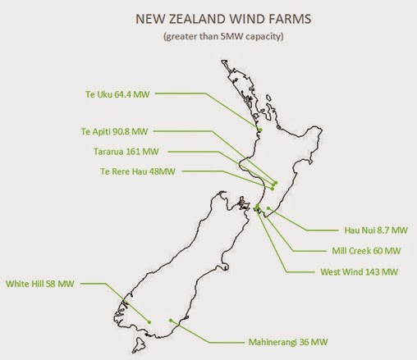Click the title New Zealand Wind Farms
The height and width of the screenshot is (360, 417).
coord(211,17)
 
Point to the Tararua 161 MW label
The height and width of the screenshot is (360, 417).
coord(126,151)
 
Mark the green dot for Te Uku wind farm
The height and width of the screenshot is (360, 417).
coord(259,130)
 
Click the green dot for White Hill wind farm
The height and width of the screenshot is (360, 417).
coord(149,321)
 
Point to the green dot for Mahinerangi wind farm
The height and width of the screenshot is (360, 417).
coord(169,320)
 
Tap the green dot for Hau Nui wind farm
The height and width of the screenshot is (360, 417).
coord(269,209)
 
